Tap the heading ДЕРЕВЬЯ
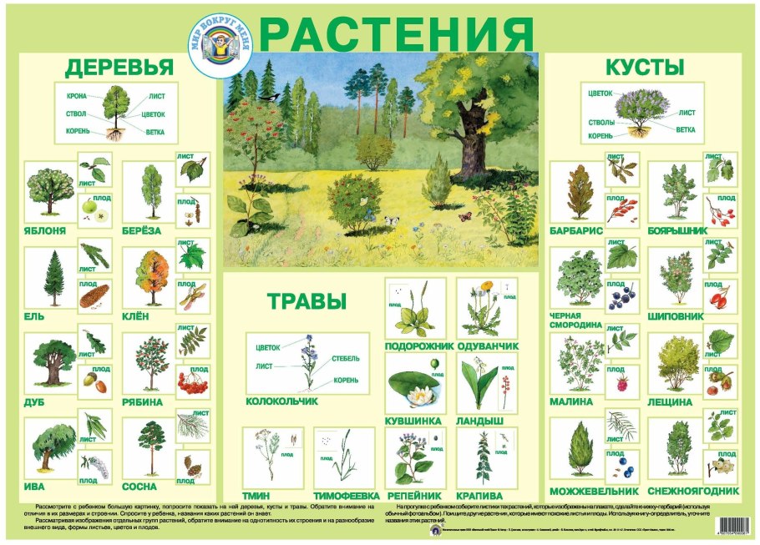(119, 68)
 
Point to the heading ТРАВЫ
(307, 302)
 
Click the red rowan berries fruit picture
(193, 384)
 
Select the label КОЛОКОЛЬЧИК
(282, 401)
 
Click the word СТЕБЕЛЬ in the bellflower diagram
(346, 358)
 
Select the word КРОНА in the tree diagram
(76, 97)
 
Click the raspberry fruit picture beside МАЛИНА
(621, 384)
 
